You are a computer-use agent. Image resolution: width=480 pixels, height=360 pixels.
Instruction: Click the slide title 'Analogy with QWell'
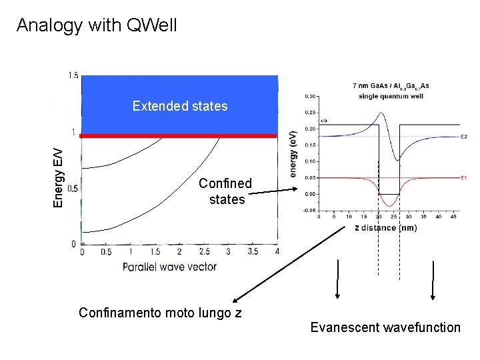[97, 25]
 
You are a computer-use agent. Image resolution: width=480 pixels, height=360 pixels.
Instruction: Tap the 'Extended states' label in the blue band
[180, 106]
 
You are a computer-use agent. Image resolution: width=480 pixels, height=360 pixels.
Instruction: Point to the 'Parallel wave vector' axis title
[169, 267]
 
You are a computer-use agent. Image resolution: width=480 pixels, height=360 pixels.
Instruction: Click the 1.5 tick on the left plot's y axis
[73, 75]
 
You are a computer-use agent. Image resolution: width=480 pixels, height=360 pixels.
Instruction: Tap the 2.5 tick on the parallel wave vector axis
[204, 251]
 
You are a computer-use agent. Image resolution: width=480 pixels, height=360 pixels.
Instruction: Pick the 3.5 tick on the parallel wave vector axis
[253, 251]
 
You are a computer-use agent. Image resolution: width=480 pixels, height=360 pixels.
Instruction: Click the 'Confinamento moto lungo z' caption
[160, 312]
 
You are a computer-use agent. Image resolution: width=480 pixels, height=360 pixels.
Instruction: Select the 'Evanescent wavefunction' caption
[385, 327]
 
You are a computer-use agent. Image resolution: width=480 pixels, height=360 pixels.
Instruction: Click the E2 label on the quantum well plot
[463, 137]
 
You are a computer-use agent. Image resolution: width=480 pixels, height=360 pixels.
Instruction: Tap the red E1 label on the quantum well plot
[463, 178]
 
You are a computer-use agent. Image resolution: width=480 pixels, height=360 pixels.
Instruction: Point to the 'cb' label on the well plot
[323, 121]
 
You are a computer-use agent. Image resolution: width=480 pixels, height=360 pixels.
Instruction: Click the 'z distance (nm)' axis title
[385, 228]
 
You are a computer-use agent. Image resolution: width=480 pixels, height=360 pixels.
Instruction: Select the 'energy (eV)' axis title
[294, 153]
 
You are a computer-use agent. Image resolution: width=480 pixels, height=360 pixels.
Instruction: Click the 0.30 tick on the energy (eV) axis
[311, 96]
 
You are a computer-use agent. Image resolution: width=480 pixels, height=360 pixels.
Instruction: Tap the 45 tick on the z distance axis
[453, 217]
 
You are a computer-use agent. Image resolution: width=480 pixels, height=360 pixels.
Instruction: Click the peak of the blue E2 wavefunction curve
[381, 113]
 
